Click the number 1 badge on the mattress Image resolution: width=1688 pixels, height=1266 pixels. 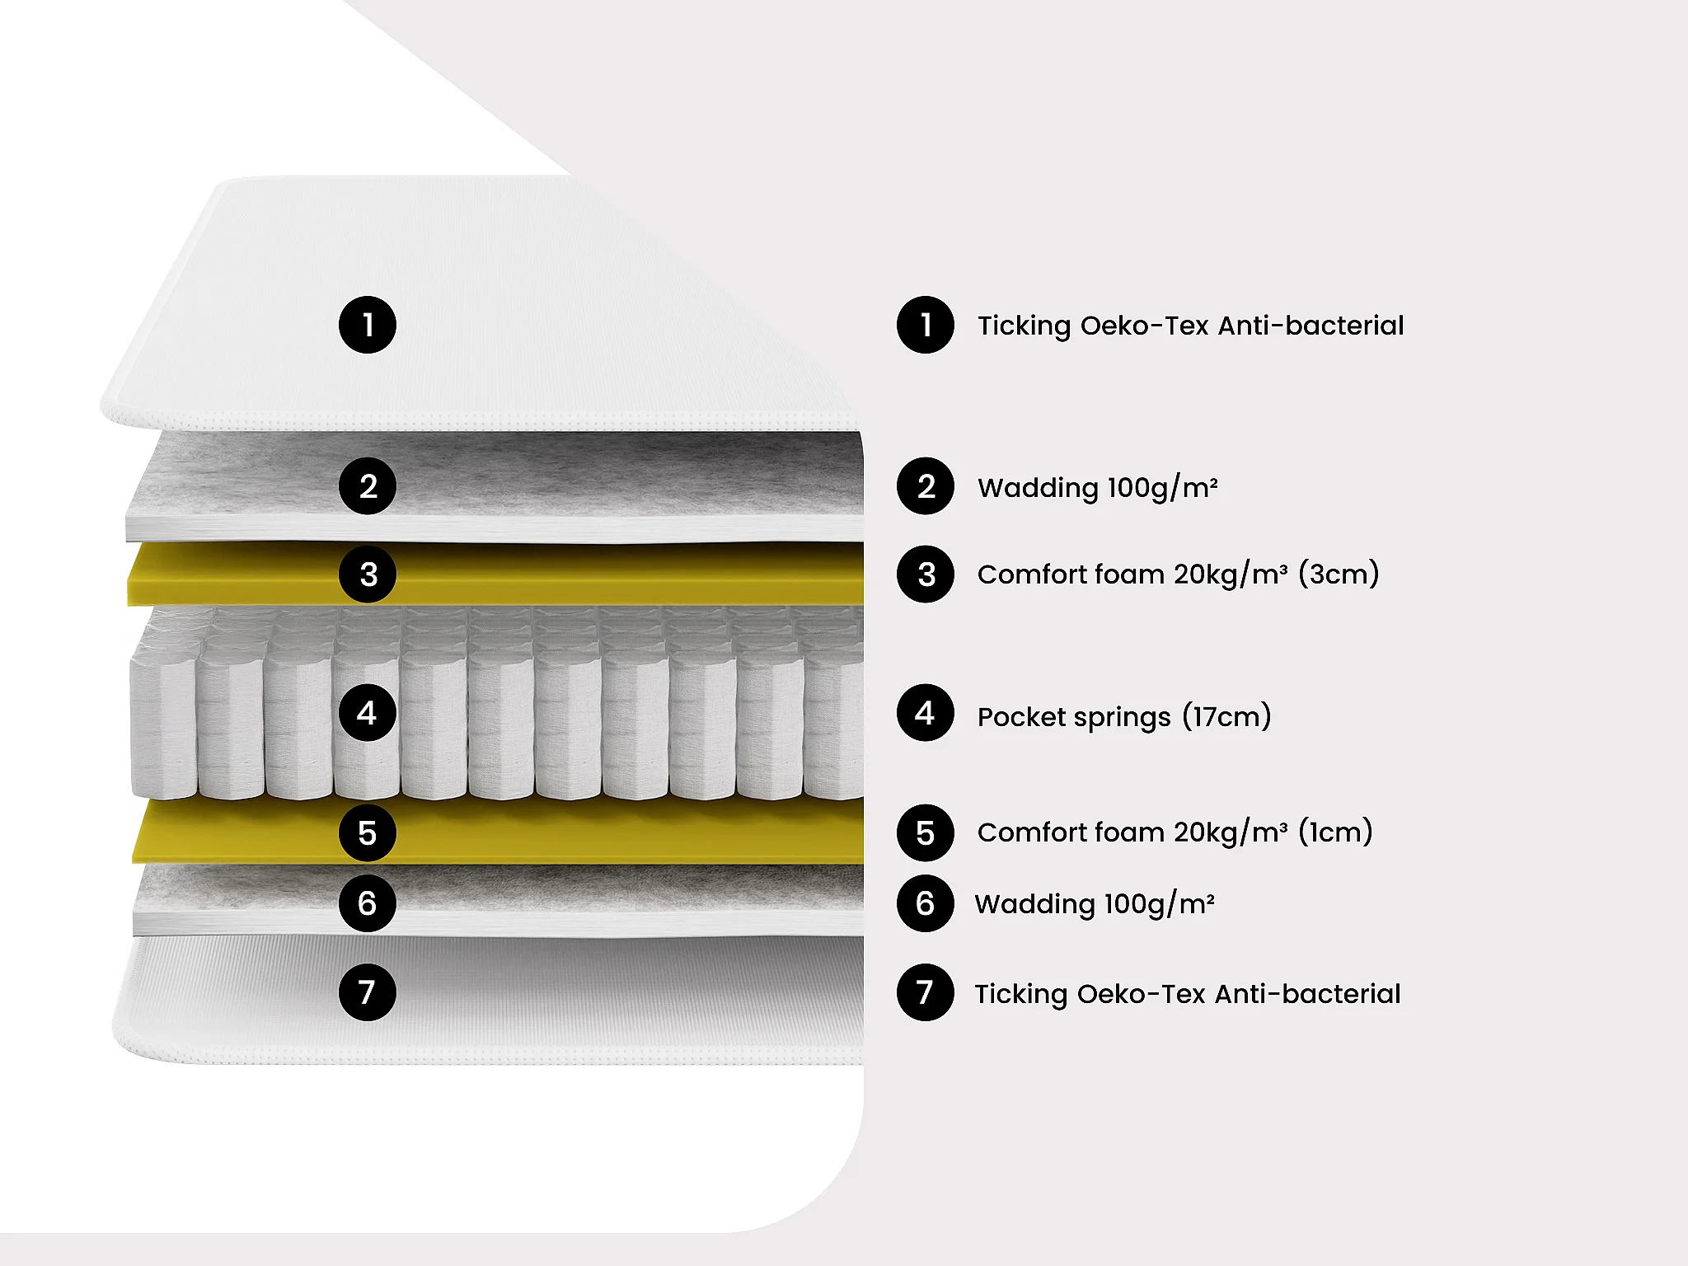coord(368,325)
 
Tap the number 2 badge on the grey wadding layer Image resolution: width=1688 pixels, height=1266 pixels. coord(368,486)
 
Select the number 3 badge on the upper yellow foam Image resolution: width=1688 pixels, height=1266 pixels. coord(368,574)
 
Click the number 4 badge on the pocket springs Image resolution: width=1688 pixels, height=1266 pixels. coord(368,712)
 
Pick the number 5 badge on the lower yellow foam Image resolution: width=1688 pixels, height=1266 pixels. coord(368,833)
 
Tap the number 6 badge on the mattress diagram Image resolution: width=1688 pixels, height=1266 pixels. coord(368,903)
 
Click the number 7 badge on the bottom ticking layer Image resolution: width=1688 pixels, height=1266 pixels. coord(368,992)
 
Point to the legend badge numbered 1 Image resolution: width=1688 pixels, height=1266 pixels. coord(926,325)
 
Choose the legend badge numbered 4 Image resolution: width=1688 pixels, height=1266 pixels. coord(926,712)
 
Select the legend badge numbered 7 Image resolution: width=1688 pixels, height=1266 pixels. coord(926,992)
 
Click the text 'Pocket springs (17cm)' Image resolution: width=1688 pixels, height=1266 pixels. coord(1124,716)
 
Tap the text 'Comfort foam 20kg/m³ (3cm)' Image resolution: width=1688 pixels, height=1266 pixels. coord(1178,574)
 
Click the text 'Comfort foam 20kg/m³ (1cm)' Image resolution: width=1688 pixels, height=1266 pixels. coord(1175,832)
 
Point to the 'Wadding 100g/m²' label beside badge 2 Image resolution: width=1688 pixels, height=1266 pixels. coord(1098,487)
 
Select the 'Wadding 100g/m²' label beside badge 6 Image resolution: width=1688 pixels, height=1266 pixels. coord(1095,903)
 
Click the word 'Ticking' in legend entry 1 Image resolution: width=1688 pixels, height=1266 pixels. coord(1025,326)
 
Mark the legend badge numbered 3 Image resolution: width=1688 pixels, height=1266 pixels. coord(926,574)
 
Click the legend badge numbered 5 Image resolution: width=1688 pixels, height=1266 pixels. coord(926,833)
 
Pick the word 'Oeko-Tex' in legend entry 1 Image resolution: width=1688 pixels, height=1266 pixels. coord(1145,326)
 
